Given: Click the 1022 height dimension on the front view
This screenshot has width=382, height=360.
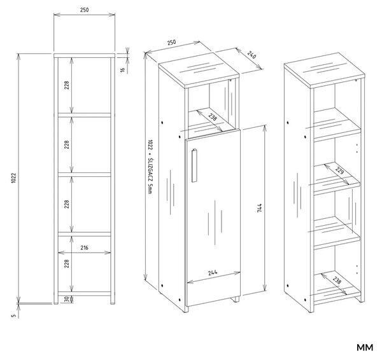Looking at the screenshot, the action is [13, 178].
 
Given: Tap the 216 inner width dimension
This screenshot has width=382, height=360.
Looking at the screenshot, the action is [84, 248].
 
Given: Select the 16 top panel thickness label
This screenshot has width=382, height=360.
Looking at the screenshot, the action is [123, 69].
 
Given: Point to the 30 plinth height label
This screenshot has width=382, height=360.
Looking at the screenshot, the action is [67, 300].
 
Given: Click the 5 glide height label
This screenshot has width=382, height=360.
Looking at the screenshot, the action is [14, 315].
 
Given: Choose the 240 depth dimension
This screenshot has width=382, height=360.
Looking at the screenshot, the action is [251, 55].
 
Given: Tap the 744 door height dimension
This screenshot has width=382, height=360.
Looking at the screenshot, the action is [260, 208].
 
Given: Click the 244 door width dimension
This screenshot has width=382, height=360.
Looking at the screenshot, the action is [213, 273].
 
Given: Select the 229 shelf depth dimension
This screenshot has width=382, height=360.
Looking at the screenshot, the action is [339, 170].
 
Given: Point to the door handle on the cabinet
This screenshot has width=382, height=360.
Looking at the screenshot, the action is [194, 165].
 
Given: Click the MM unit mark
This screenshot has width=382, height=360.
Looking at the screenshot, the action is [365, 347].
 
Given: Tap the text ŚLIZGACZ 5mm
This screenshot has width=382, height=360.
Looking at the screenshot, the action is [151, 176].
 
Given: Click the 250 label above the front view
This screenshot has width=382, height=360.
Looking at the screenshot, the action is [84, 10].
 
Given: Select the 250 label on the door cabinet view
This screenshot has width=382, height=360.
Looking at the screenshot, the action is [171, 43].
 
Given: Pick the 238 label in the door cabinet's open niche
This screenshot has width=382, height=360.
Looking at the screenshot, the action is [213, 117].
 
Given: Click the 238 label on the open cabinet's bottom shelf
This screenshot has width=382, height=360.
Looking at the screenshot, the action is [337, 280].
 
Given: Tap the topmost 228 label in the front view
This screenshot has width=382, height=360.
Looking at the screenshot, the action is [67, 85].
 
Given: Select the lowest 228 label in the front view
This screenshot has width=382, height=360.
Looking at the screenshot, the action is [67, 263].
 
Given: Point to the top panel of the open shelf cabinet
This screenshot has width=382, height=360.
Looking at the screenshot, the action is [325, 71].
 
